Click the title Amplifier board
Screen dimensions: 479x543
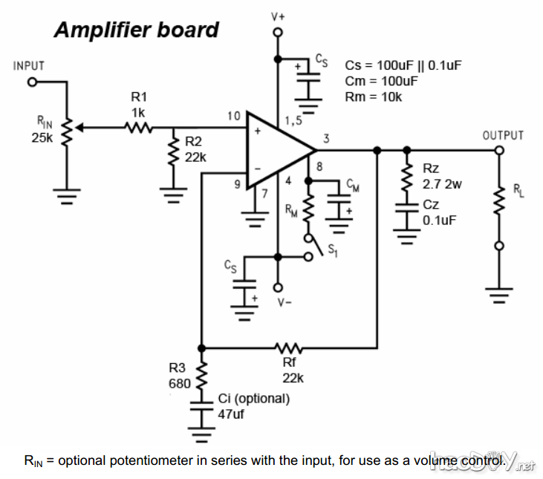(136, 30)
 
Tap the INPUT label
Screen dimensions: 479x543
(29, 66)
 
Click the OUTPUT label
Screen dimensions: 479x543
(503, 136)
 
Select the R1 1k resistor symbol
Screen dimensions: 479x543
(139, 128)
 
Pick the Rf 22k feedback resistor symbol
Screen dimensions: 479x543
(287, 347)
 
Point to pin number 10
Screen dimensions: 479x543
(234, 116)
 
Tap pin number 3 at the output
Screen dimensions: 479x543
(326, 138)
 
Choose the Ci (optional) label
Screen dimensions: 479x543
(253, 398)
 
